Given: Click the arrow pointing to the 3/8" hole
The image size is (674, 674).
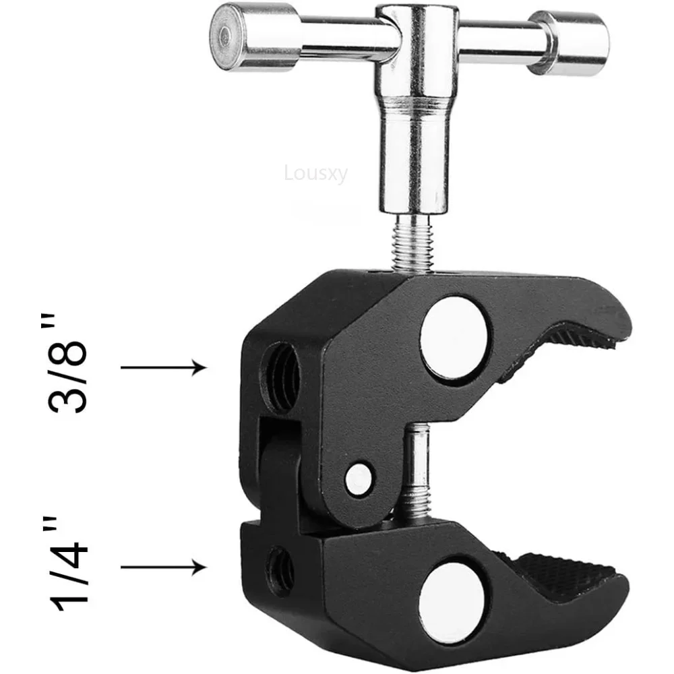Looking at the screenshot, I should (162, 367).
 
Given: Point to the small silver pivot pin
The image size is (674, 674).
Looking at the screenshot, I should (357, 477).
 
